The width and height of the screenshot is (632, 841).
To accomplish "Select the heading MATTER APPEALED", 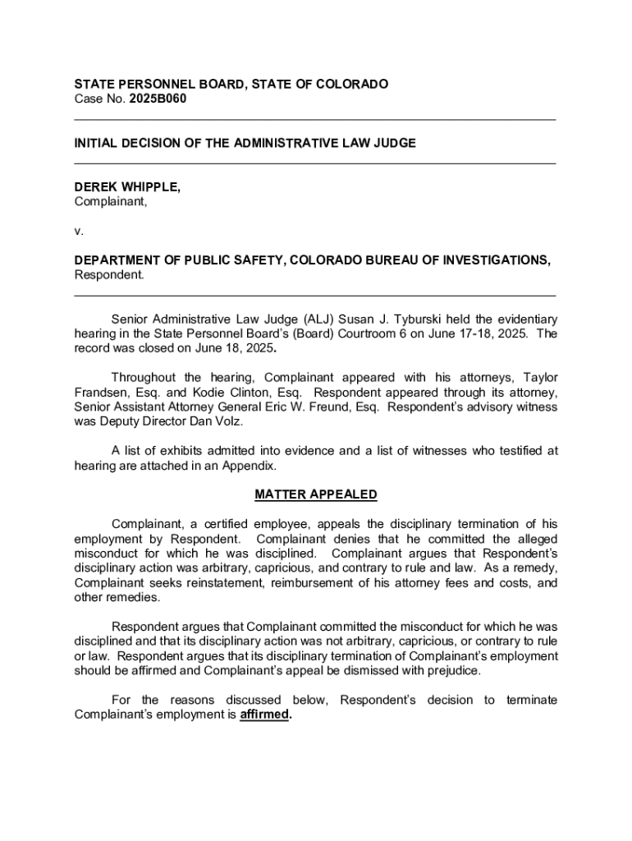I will click(316, 494).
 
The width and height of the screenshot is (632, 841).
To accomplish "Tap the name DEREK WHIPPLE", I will click(127, 187).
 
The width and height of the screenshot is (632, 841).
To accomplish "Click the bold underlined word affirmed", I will click(265, 715).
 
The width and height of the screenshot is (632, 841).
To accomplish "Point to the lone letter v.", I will click(78, 231).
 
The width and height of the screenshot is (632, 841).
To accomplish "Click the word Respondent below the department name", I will click(108, 274).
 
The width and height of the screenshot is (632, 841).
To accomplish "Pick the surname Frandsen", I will click(99, 392).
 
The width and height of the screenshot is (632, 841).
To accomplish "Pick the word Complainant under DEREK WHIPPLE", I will click(111, 201).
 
